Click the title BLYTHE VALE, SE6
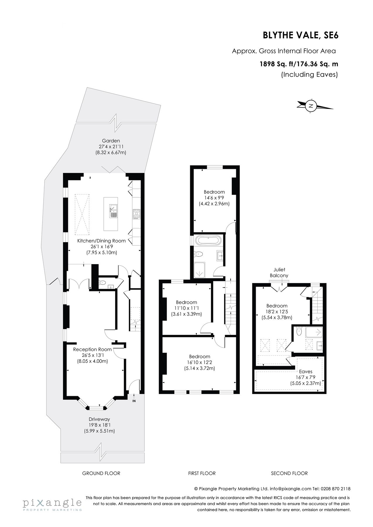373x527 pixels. click(300, 35)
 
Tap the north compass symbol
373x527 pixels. click(311, 106)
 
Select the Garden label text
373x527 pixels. click(111, 141)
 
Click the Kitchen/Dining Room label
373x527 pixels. click(101, 241)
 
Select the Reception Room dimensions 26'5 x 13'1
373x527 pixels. click(92, 355)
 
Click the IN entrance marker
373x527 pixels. click(134, 401)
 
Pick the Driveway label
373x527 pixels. click(99, 419)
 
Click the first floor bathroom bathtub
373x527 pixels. click(208, 241)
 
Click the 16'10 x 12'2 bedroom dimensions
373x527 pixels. click(200, 362)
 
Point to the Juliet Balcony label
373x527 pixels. click(279, 272)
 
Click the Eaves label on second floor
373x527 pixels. click(306, 372)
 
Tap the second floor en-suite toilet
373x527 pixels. click(299, 331)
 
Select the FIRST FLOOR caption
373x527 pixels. click(202, 473)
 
